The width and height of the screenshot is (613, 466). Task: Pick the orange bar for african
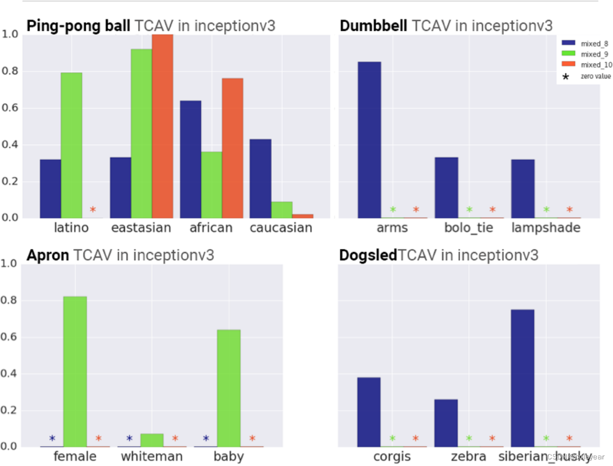[x=232, y=148]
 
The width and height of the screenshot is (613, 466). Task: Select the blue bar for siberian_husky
[x=522, y=378]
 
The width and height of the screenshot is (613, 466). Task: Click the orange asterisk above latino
[x=93, y=210]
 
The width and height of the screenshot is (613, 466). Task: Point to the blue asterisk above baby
[x=206, y=439]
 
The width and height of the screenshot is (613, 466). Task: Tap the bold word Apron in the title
[x=48, y=255]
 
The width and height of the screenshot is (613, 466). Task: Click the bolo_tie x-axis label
[x=469, y=228]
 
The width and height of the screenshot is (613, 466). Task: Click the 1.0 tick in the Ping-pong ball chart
[x=11, y=34]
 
